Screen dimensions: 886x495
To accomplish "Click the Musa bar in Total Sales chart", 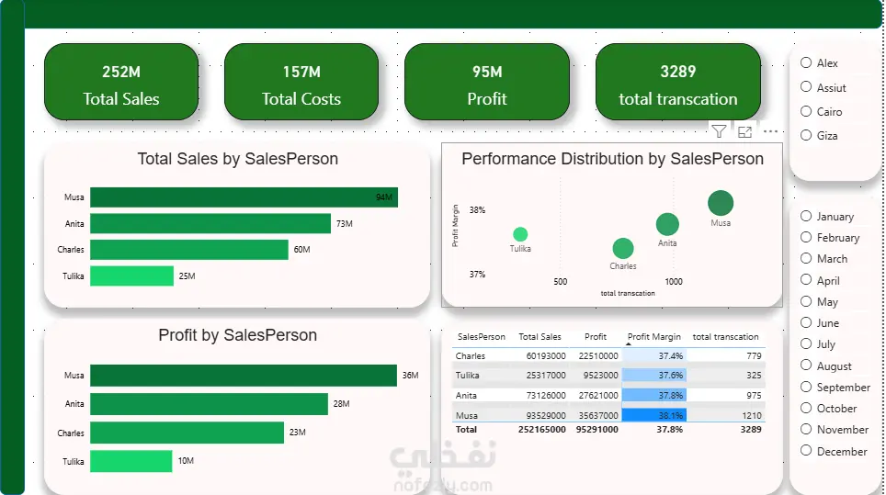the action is (x=244, y=197).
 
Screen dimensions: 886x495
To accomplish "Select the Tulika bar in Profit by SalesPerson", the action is (x=131, y=461).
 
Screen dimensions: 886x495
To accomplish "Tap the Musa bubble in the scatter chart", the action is (x=721, y=203).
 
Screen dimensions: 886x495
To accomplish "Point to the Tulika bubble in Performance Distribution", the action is (x=520, y=234).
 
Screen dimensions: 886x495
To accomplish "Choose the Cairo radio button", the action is (x=806, y=111).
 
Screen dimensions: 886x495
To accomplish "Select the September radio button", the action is (x=806, y=387).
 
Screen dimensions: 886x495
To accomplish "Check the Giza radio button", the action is (x=806, y=135).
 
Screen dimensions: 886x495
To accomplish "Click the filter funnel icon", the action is (x=719, y=131).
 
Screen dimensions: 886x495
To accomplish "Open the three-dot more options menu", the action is (x=771, y=131).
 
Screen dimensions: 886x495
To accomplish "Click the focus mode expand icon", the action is (x=744, y=132).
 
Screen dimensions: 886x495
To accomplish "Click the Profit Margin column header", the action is (x=654, y=336).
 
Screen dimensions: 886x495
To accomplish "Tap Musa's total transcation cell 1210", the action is (x=752, y=415).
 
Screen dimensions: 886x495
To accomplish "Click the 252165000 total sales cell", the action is (x=542, y=430).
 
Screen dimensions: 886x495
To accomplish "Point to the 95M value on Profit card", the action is (x=487, y=72).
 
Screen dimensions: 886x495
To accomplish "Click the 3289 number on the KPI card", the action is (x=678, y=72).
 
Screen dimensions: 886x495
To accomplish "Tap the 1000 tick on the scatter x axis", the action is (x=673, y=281).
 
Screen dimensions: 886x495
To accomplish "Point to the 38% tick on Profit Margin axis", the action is (x=478, y=210).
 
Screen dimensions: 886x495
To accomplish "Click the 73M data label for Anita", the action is (x=344, y=223).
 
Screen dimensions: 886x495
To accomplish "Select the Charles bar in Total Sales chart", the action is (x=189, y=250).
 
